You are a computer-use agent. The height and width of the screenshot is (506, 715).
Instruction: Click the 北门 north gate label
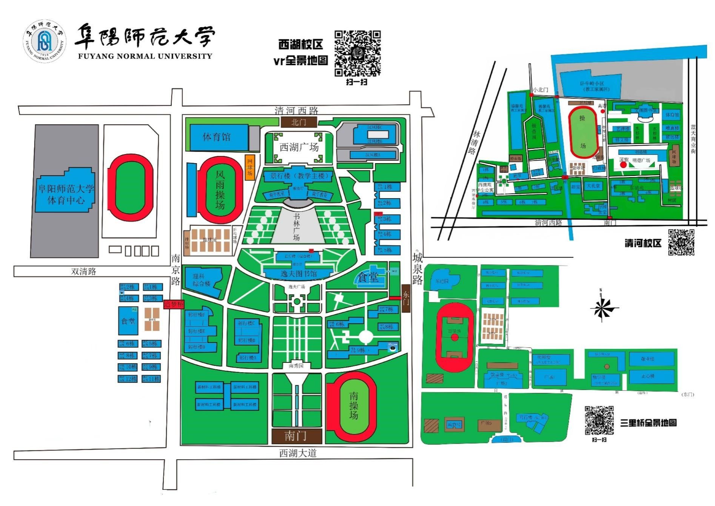tap(299, 122)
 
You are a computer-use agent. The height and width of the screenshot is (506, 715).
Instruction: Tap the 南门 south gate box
tap(297, 436)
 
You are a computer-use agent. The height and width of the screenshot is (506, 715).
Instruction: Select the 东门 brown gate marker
tap(406, 298)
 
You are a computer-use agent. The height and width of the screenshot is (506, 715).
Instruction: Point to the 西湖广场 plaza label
tap(299, 147)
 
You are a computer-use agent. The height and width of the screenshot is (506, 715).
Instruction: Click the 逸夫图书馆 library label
tap(299, 273)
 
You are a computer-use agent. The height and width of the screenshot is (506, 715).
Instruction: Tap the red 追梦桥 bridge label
tap(174, 304)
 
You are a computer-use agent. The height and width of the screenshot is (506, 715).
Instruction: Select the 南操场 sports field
tap(353, 406)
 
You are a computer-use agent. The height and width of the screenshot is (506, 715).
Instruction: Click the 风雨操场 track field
tap(220, 190)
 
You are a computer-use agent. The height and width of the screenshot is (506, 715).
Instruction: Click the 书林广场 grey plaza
tap(297, 227)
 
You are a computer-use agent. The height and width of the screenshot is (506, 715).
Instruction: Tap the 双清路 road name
tap(84, 271)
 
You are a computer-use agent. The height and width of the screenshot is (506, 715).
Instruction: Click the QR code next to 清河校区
tap(681, 242)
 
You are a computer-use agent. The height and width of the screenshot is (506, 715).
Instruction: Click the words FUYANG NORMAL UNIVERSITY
tap(145, 56)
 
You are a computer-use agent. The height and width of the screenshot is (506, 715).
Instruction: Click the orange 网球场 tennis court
tap(250, 167)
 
